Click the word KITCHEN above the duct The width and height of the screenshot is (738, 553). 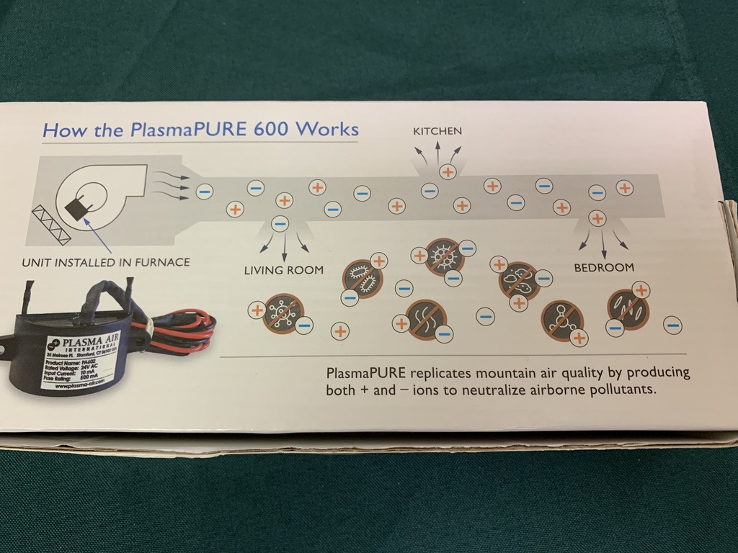click(x=437, y=132)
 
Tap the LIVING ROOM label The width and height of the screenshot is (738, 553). click(x=283, y=270)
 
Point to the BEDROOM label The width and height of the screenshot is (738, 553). click(x=603, y=267)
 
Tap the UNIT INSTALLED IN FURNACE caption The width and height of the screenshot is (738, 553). click(x=106, y=263)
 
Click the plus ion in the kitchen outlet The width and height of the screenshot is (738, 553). click(x=448, y=171)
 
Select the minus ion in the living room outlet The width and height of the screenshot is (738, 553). click(x=281, y=223)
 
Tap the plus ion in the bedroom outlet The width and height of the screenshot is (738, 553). click(x=597, y=217)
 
